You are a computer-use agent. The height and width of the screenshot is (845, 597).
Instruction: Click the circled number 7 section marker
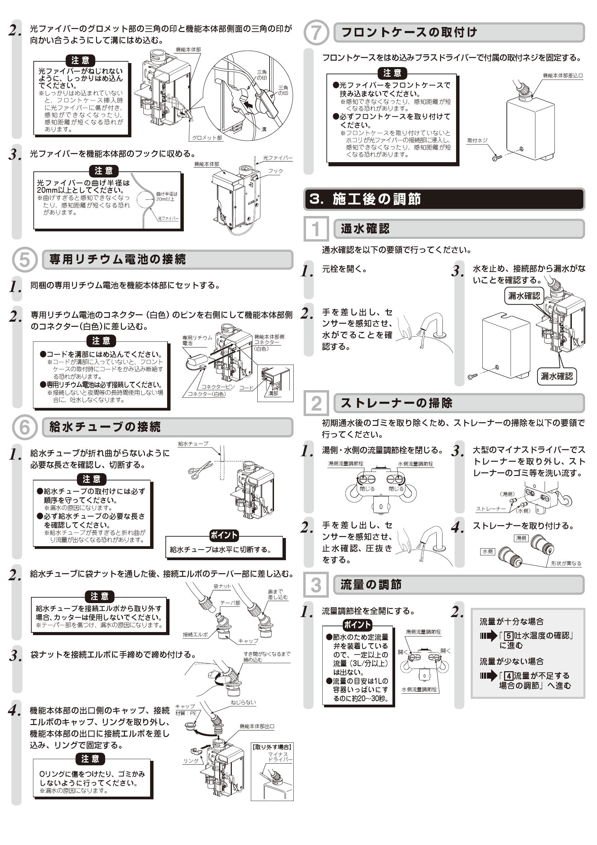[316, 32]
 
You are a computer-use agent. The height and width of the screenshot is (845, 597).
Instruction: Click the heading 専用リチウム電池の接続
[118, 259]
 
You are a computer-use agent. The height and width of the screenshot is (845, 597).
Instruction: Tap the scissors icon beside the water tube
[200, 470]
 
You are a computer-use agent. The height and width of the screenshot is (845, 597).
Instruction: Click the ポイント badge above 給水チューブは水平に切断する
[224, 535]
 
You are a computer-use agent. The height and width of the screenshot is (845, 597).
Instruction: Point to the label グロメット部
[207, 138]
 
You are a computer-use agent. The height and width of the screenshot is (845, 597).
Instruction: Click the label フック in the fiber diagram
[275, 171]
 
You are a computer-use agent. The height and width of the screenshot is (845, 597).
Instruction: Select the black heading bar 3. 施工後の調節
[444, 199]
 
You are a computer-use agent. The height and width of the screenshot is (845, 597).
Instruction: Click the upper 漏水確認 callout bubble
[524, 295]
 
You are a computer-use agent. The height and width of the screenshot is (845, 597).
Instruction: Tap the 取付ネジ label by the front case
[477, 140]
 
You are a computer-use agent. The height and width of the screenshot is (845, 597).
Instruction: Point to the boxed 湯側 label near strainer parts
[521, 538]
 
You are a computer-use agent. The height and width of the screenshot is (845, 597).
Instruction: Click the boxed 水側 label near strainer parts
[487, 551]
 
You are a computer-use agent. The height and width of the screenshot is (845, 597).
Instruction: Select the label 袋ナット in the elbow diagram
[222, 586]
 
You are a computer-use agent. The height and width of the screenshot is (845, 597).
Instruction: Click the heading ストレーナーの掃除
[396, 403]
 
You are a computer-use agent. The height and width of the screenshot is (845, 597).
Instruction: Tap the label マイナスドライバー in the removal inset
[280, 757]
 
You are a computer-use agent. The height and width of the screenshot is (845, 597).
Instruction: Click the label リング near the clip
[191, 761]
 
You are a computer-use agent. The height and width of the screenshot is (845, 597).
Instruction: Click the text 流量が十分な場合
[511, 621]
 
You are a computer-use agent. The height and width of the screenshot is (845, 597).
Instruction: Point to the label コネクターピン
[217, 387]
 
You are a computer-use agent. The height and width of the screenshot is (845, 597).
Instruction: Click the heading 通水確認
[365, 229]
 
